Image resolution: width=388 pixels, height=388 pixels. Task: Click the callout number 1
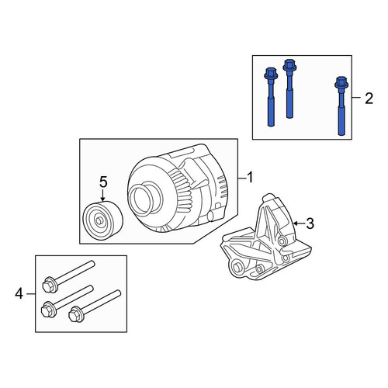coord(249,178)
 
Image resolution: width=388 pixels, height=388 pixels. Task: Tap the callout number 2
coord(369,99)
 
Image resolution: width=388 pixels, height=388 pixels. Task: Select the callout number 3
coord(310,223)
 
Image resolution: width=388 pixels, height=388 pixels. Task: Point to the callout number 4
coord(19,294)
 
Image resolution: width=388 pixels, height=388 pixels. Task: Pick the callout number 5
coord(103,182)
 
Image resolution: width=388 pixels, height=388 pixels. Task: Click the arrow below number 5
coord(103,196)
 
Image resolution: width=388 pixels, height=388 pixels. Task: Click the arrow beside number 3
coord(299,223)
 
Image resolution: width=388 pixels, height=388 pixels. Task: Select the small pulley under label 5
coord(102,220)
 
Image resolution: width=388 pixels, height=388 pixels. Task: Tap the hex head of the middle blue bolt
coord(289,65)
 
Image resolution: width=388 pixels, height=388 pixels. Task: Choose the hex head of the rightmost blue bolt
coord(341,82)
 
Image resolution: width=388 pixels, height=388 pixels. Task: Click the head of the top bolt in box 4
coord(49,285)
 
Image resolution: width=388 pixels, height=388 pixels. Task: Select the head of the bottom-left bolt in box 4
coord(48,309)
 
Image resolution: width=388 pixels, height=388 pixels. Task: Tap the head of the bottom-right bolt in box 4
coord(75,314)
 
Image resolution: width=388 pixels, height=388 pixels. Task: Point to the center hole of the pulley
coord(99,221)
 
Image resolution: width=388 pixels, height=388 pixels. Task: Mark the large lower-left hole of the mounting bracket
coord(237,267)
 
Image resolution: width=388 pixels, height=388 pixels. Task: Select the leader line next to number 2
coord(356,98)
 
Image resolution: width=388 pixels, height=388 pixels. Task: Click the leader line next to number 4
coord(31,294)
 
